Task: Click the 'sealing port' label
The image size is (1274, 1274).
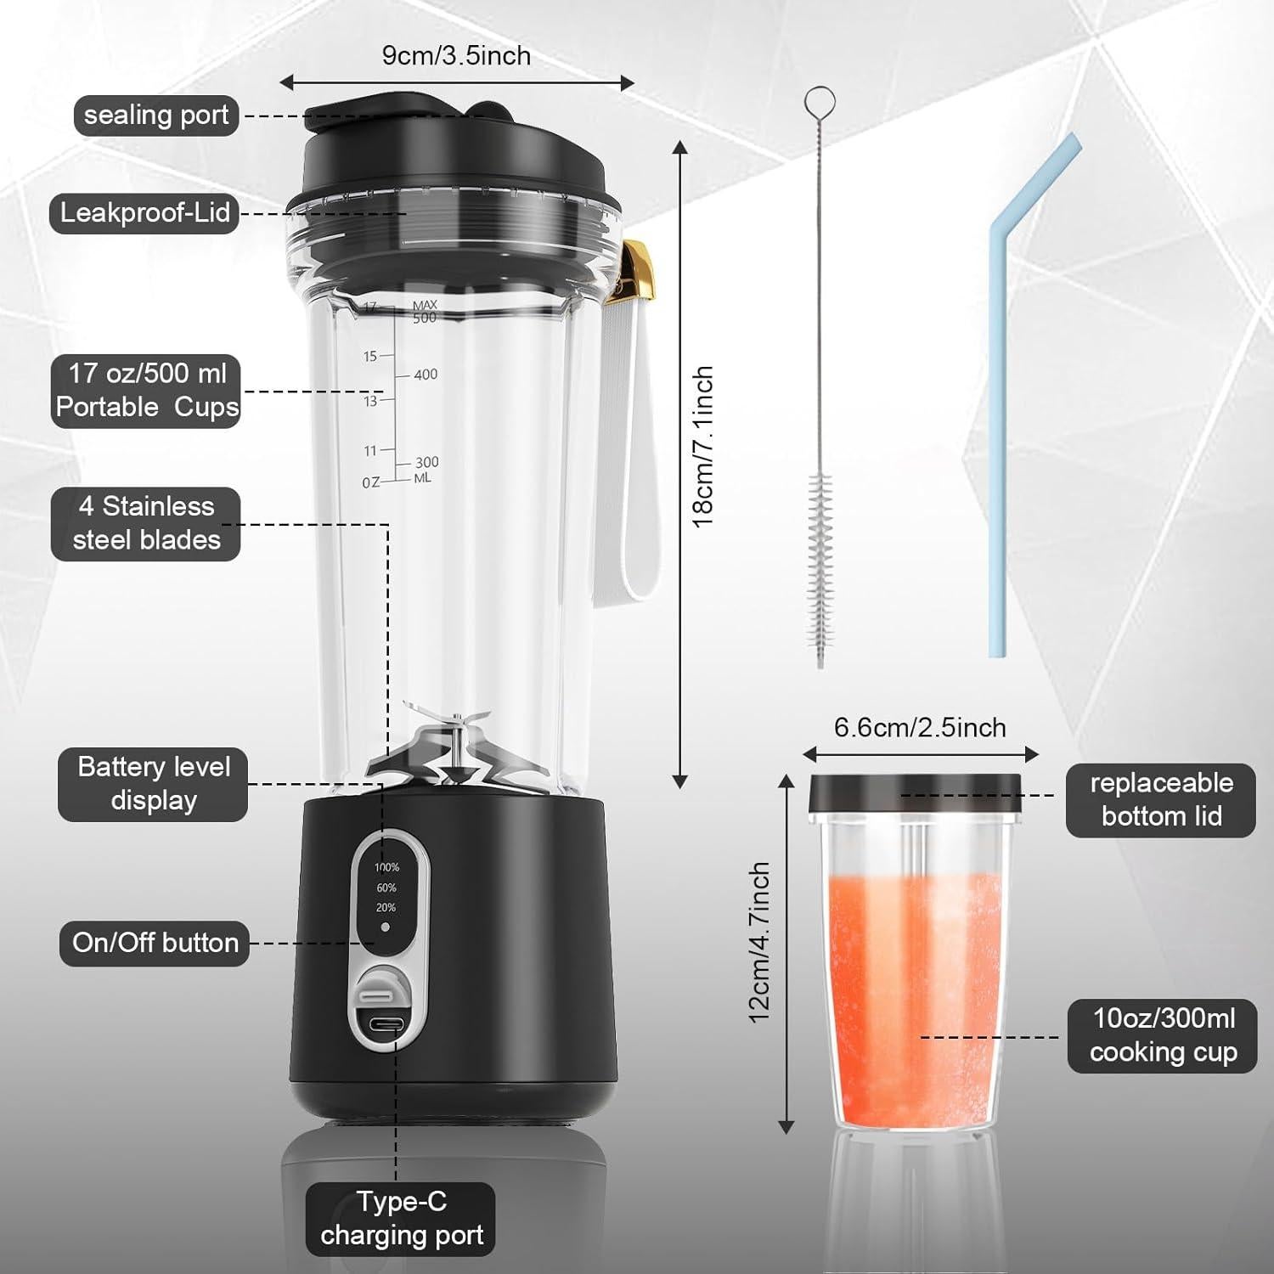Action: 156,116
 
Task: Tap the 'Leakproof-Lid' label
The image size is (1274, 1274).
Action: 144,212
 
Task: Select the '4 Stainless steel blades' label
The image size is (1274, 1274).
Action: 146,523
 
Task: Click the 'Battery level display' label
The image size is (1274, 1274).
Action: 154,784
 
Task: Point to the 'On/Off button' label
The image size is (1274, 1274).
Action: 155,943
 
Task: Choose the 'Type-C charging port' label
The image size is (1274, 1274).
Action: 401,1218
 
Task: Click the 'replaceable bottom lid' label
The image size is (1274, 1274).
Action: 1160,800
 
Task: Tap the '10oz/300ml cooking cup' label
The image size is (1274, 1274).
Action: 1162,1035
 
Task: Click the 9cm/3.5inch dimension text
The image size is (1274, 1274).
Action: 456,56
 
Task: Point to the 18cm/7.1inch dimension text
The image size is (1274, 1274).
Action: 703,448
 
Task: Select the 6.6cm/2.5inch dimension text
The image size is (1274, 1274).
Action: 920,728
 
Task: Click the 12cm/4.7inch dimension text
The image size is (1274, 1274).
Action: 759,942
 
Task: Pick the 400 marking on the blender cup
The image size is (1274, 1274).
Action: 426,375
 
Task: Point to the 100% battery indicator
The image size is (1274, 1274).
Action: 386,867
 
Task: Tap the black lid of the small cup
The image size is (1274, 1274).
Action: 914,792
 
